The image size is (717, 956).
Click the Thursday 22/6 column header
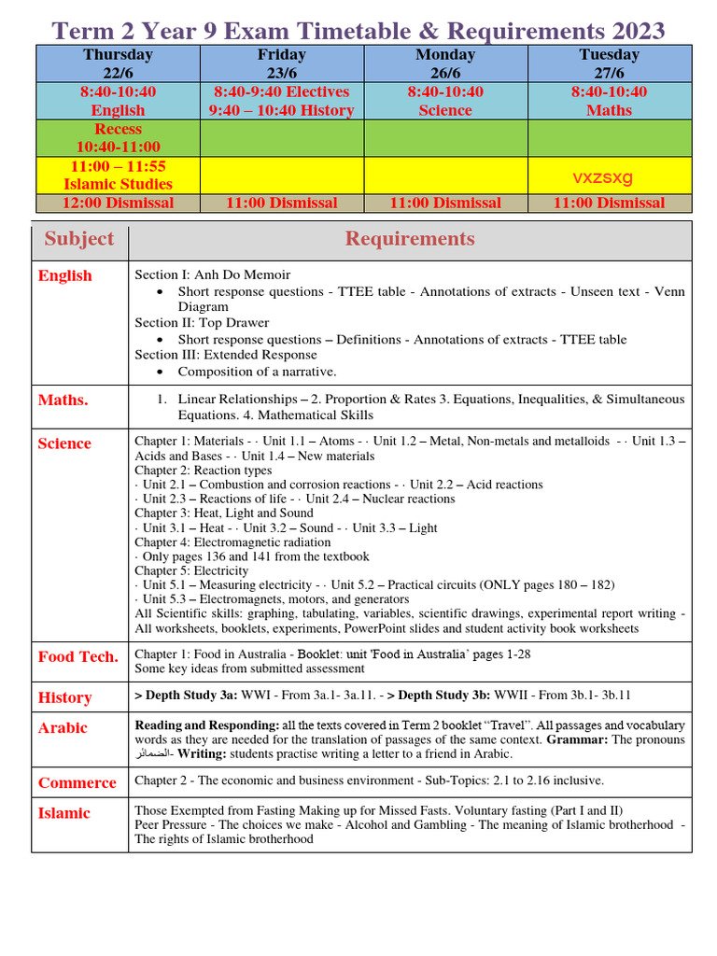[x=118, y=63]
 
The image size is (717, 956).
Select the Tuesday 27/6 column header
[x=609, y=63]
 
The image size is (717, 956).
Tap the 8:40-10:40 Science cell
[x=445, y=101]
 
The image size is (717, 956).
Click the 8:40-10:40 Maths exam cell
[x=609, y=101]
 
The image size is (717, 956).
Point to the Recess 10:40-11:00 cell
[x=118, y=137]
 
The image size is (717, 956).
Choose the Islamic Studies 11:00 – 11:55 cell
[x=118, y=175]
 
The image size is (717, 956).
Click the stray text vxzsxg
[x=602, y=177]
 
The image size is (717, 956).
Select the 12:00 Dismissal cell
[x=118, y=203]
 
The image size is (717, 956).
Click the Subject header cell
[x=79, y=239]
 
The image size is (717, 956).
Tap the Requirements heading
[x=410, y=239]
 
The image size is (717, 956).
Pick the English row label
[x=65, y=275]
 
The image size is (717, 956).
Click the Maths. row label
[x=63, y=400]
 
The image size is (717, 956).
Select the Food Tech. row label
[x=78, y=656]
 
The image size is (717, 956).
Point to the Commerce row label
[x=77, y=782]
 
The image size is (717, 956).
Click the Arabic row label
[x=63, y=727]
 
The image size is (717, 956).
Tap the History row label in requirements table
[x=65, y=697]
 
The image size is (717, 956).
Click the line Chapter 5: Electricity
[x=191, y=570]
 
